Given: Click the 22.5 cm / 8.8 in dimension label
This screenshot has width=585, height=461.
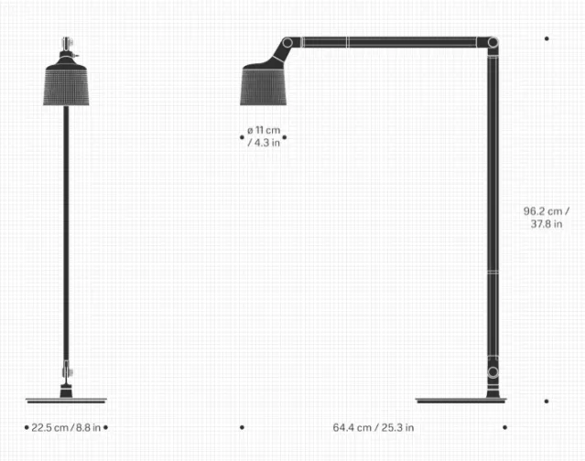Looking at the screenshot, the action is (x=66, y=427).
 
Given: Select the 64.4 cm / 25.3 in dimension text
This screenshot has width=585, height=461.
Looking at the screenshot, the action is (x=374, y=427).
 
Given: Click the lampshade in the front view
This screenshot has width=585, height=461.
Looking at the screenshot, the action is (x=66, y=85).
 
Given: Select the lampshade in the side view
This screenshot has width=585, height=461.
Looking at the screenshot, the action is (x=263, y=86).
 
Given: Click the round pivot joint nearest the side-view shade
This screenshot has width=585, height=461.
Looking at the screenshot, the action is (x=287, y=42).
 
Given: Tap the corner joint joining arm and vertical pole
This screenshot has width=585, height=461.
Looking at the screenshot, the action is (x=493, y=42).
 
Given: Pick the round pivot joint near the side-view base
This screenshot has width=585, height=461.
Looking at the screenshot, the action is (x=493, y=372).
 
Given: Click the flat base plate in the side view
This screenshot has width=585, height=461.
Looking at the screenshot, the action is (x=461, y=401).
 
